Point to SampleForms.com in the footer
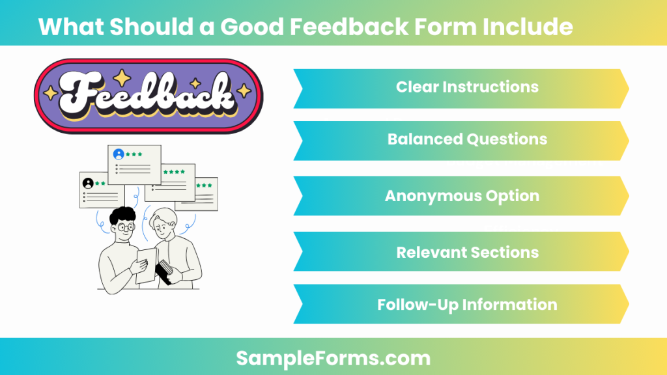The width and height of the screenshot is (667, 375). pos(333,357)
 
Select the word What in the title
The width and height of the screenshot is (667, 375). pos(68,27)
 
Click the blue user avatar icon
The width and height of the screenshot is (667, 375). pos(119,154)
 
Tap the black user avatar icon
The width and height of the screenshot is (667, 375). pos(88,183)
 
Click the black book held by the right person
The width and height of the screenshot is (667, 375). pos(165,270)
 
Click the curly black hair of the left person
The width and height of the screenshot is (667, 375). pos(122,214)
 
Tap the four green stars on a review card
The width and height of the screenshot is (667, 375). pos(173,172)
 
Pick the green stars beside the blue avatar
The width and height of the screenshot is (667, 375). pos(134,154)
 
